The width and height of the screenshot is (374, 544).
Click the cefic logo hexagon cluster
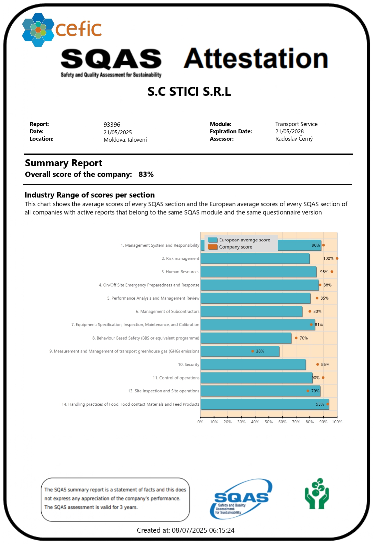tap(38, 30)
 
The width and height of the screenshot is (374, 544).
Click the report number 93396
tap(112, 125)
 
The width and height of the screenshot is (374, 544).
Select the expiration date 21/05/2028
tap(289, 131)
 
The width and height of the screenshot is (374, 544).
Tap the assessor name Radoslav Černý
tap(294, 139)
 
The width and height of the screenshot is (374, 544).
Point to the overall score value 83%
tap(146, 175)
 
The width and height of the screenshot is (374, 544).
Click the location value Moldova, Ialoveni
tap(125, 140)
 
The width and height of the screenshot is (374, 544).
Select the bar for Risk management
tap(255, 259)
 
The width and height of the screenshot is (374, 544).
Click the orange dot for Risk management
tap(337, 258)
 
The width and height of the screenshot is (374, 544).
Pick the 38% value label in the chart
tap(260, 351)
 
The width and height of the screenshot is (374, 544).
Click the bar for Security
tap(253, 364)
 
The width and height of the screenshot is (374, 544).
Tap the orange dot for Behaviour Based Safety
tap(296, 338)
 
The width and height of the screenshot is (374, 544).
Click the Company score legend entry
tap(235, 247)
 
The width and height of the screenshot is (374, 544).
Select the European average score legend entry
tap(244, 240)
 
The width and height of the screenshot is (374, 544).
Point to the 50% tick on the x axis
tap(269, 422)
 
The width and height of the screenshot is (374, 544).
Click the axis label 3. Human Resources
tap(180, 272)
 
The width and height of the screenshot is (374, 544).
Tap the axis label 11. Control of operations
tap(176, 378)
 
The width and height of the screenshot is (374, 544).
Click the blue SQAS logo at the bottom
tap(241, 498)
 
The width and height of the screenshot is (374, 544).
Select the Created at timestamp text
tap(186, 530)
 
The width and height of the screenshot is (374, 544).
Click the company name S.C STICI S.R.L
tap(189, 91)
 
